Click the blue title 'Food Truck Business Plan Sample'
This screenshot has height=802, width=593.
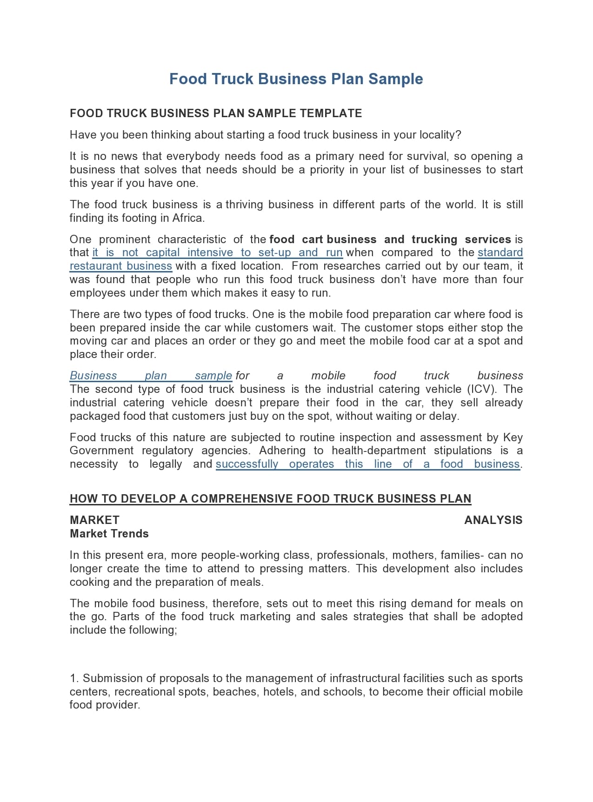pyautogui.click(x=296, y=79)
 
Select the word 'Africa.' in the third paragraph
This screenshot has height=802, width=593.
pyautogui.click(x=188, y=218)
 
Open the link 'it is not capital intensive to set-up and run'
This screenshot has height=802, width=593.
pyautogui.click(x=217, y=253)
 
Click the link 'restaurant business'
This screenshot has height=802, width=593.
pyautogui.click(x=121, y=266)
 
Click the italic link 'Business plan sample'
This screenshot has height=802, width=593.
pyautogui.click(x=151, y=376)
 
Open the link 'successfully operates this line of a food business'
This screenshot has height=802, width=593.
pyautogui.click(x=367, y=464)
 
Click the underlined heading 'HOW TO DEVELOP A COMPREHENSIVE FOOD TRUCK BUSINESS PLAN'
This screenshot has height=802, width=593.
pyautogui.click(x=270, y=499)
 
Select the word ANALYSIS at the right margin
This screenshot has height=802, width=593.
pyautogui.click(x=493, y=520)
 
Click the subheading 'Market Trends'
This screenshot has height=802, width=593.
pyautogui.click(x=109, y=534)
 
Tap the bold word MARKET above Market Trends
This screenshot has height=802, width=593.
pyautogui.click(x=94, y=520)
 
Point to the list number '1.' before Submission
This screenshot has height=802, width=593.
pyautogui.click(x=74, y=678)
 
